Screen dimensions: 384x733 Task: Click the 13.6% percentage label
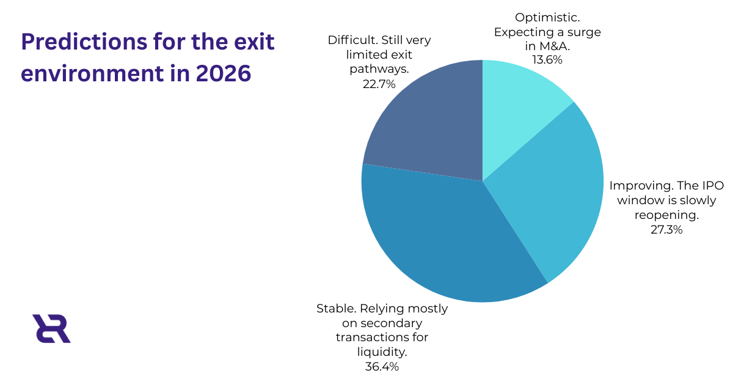tap(547, 59)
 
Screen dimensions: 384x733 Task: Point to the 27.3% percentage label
tap(666, 230)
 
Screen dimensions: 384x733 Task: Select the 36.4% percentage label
tap(382, 366)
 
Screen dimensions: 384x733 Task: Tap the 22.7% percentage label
tap(379, 84)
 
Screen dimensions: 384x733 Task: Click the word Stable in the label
tap(334, 309)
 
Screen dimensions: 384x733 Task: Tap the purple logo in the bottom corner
tap(51, 328)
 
